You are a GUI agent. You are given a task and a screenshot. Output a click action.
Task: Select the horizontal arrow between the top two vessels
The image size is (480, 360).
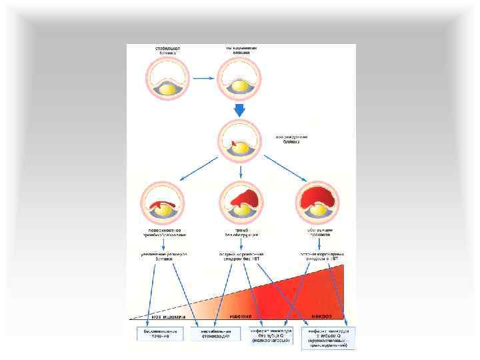203,79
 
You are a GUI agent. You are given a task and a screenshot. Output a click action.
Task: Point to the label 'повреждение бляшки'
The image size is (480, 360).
292,139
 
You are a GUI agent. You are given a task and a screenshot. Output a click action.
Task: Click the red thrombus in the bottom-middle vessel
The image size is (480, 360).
243,197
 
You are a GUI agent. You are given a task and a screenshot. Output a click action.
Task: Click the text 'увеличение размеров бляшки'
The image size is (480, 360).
163,257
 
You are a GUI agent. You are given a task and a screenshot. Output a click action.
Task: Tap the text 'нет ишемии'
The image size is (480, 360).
168,317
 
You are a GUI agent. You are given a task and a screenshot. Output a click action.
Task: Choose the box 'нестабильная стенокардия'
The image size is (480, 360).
217,333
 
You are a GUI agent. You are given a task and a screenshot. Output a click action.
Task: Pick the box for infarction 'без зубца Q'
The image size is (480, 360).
272,335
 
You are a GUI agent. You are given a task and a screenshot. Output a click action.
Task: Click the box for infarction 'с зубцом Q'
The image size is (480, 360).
328,337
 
